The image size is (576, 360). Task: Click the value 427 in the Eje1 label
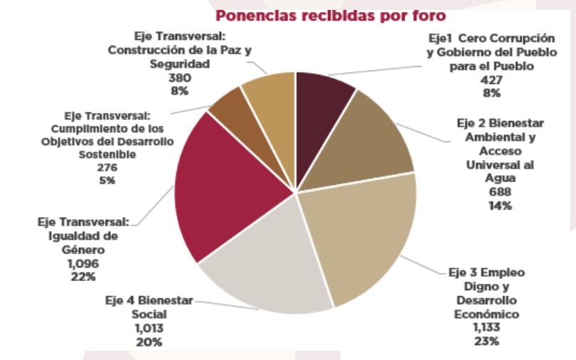pyautogui.click(x=491, y=80)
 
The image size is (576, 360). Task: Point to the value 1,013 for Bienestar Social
pyautogui.click(x=149, y=329)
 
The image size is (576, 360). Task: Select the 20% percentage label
pyautogui.click(x=149, y=342)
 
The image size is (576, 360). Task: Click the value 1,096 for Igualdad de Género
pyautogui.click(x=83, y=263)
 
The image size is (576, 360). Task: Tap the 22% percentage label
pyautogui.click(x=83, y=276)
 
